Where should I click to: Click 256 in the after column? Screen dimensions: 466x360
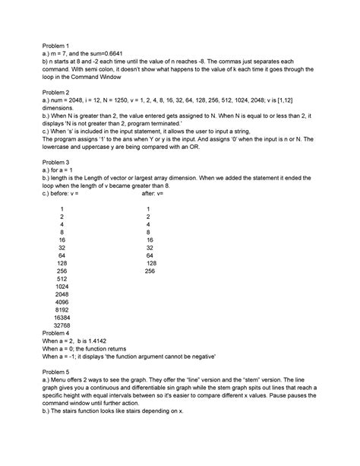tap(150, 271)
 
